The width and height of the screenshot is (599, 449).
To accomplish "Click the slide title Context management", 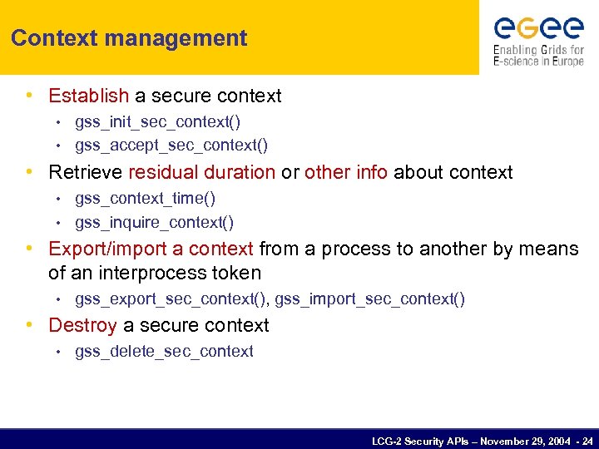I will point(129,38).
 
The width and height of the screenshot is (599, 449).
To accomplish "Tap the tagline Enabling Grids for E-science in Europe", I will point(537,56).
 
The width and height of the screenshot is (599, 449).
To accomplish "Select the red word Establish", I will point(89,96).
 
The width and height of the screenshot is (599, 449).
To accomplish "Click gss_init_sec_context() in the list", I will point(157,122).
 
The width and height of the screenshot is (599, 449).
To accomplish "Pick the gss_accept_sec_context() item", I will point(171,146).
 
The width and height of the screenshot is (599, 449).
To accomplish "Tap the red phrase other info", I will point(346,172).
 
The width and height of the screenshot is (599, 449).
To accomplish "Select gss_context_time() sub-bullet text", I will point(145,199).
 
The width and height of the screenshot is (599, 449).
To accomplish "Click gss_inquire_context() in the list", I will point(154,223).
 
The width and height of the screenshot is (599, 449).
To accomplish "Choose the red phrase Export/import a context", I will point(151,249).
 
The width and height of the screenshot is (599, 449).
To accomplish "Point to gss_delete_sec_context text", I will point(164,352).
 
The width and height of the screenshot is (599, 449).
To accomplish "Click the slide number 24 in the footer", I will point(587,441).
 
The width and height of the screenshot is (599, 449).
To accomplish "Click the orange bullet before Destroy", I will point(30,325).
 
